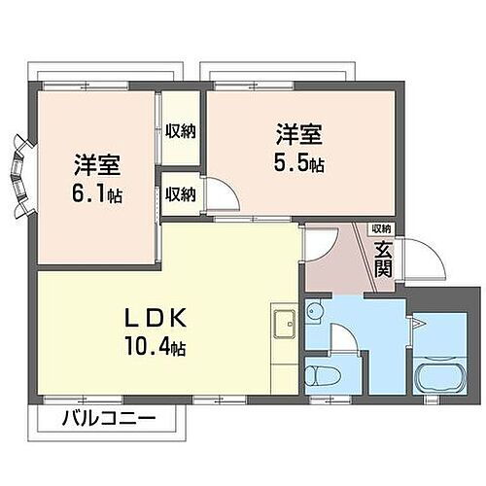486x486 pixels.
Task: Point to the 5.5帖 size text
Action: tap(298, 162)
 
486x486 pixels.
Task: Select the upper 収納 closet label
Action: tap(180, 131)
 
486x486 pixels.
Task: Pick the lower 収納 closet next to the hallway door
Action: tap(180, 194)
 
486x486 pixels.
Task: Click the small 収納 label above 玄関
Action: tap(381, 229)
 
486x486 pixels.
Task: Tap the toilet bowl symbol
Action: tap(319, 375)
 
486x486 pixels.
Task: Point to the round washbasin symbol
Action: tap(314, 312)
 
